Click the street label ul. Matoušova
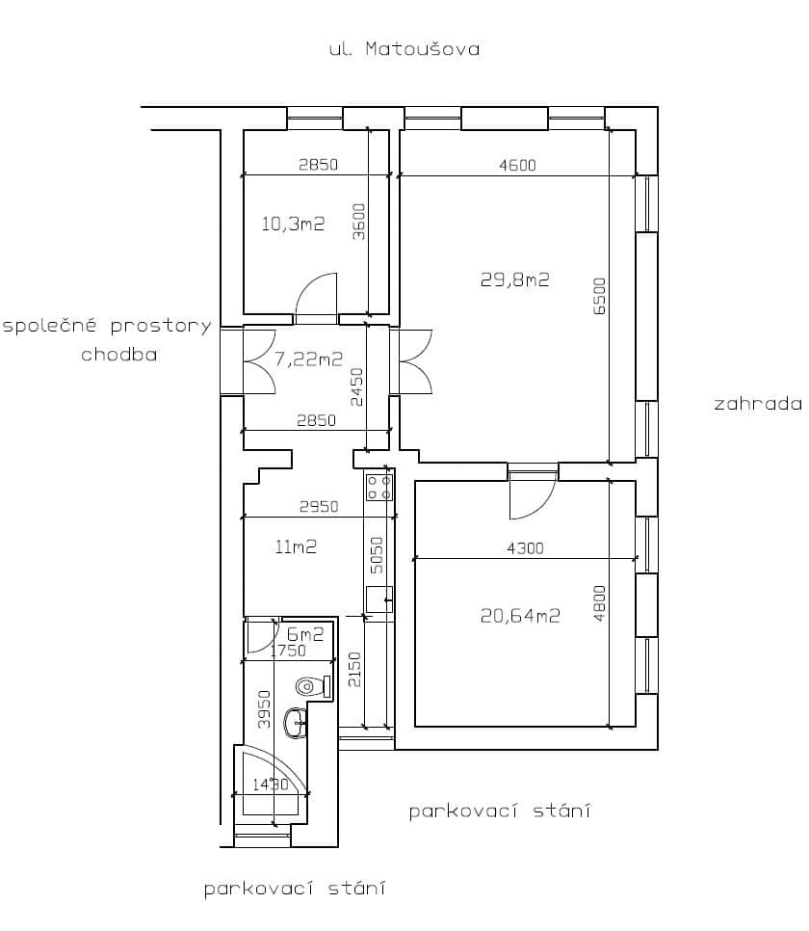pos(404,48)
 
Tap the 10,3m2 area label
pos(293,225)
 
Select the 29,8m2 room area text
pos(514,279)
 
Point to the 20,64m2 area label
pos(520,616)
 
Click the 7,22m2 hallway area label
pos(308,359)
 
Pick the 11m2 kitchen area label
pos(296,546)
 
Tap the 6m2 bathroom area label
pos(305,634)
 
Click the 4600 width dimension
pos(517,165)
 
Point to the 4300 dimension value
pos(525,548)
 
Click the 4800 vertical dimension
pos(600,604)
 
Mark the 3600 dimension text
pos(357,222)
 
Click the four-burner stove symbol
pos(378,486)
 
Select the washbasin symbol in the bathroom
pos(295,723)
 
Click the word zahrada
pos(757,404)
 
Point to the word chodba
pos(118,354)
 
